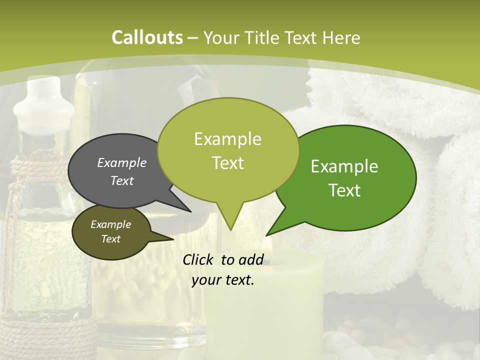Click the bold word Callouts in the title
147,37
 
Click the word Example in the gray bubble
121,163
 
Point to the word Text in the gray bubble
121,180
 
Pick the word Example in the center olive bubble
227,139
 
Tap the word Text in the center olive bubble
227,163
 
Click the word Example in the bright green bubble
344,166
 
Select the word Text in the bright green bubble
344,190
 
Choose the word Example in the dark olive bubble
110,224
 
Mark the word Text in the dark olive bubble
110,239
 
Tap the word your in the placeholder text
205,280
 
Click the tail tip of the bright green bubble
267,234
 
